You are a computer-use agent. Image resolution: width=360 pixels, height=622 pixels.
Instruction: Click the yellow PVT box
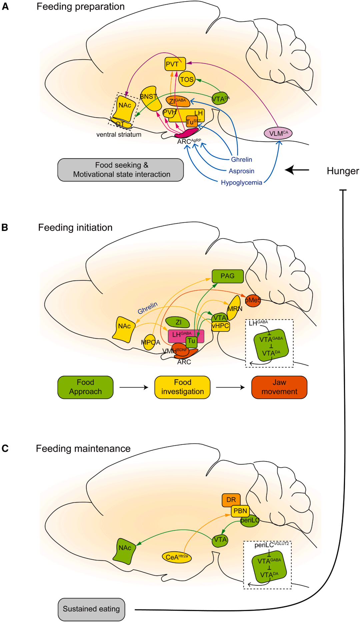pos(175,64)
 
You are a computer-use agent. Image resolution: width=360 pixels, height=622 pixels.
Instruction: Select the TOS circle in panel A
pos(187,79)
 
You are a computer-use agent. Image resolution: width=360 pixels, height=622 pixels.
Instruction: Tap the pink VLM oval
pos(278,133)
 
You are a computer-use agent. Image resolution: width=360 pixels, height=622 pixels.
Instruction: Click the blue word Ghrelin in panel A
pos(242,160)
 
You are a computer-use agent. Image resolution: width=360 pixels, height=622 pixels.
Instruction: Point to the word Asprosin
pos(241,171)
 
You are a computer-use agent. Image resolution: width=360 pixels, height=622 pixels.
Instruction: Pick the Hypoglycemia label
pos(241,183)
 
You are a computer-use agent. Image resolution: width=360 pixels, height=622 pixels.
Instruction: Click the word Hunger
pos(342,171)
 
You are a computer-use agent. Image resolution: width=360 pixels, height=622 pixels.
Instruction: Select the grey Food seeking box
pos(121,170)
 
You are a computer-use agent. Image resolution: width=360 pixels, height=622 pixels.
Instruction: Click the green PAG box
pos(228,276)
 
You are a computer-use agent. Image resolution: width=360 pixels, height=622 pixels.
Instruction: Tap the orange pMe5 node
pos(253,300)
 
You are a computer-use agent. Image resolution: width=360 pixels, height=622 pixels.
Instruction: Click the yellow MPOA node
pos(150,342)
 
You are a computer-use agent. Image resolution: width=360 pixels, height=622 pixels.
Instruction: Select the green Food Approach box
pos(85,387)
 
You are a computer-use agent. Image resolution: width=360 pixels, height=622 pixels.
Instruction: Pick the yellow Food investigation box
pos(182,387)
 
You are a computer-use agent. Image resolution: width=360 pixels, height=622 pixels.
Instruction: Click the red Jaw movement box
pos(279,387)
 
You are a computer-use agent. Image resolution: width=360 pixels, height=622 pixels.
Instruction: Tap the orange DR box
pos(231,500)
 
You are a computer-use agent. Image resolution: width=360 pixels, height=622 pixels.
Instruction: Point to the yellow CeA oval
pos(177,557)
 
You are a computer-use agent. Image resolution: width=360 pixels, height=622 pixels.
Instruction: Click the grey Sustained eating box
pos(91,609)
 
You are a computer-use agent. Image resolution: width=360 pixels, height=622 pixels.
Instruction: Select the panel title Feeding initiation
pos(75,228)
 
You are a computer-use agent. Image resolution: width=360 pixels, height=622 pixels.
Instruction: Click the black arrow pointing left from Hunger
pos(297,170)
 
